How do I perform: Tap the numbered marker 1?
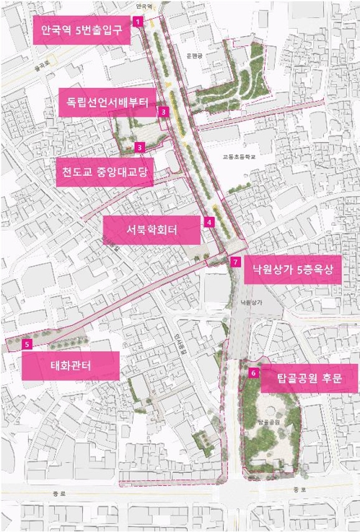pyautogui.click(x=137, y=22)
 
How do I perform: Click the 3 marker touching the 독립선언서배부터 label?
pyautogui.click(x=164, y=112)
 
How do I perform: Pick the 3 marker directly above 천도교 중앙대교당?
pyautogui.click(x=140, y=147)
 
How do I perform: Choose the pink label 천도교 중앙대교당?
pyautogui.click(x=104, y=173)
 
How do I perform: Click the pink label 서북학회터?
pyautogui.click(x=152, y=230)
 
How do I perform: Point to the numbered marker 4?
pyautogui.click(x=208, y=222)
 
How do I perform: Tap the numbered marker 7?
pyautogui.click(x=235, y=261)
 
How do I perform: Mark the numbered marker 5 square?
pyautogui.click(x=27, y=345)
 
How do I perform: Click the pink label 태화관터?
pyautogui.click(x=70, y=365)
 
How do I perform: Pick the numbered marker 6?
pyautogui.click(x=253, y=373)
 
